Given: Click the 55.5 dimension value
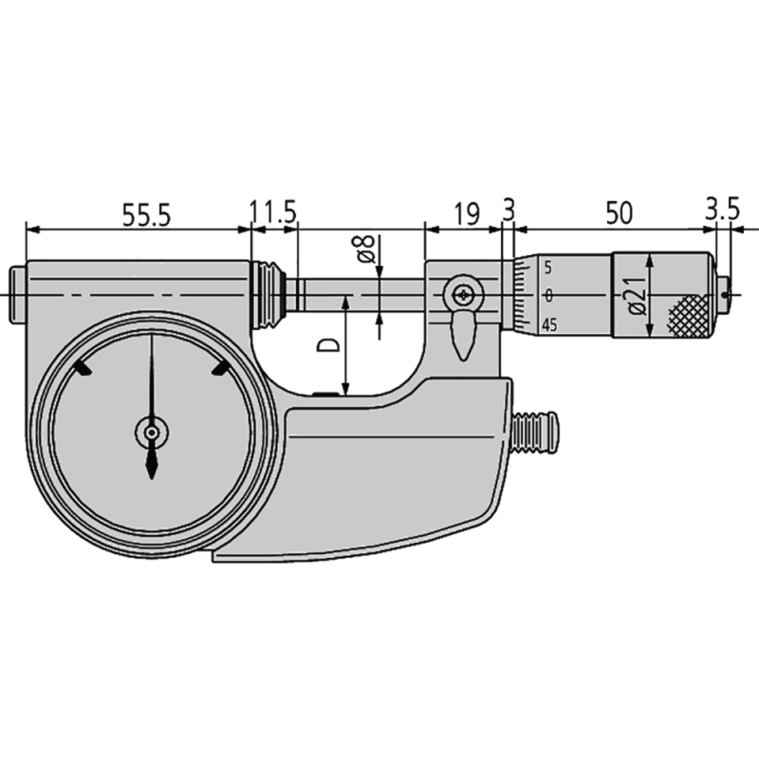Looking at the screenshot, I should pyautogui.click(x=145, y=214).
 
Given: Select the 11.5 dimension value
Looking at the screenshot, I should pyautogui.click(x=274, y=213).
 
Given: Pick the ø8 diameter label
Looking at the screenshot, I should pyautogui.click(x=365, y=250).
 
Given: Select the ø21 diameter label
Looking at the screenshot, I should pyautogui.click(x=636, y=294).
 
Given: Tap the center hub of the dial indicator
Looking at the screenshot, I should pyautogui.click(x=151, y=433).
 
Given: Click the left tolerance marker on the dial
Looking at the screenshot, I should pyautogui.click(x=83, y=369).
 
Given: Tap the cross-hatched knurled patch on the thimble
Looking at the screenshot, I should pyautogui.click(x=687, y=315).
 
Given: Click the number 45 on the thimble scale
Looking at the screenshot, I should pyautogui.click(x=548, y=325).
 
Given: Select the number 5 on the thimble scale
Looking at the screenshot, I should pyautogui.click(x=548, y=268).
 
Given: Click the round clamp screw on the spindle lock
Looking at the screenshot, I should pyautogui.click(x=463, y=294).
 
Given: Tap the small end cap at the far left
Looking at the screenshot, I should pyautogui.click(x=18, y=294).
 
